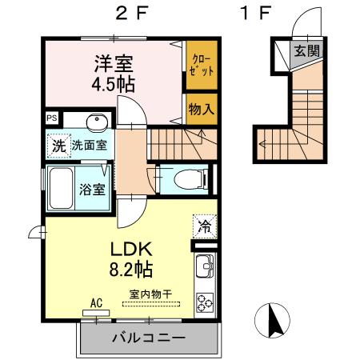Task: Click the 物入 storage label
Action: point(200,108)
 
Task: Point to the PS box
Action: point(52,118)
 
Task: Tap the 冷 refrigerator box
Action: point(203,226)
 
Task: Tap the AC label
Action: point(97,303)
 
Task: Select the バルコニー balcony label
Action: point(148,336)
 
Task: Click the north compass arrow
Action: point(274,321)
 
